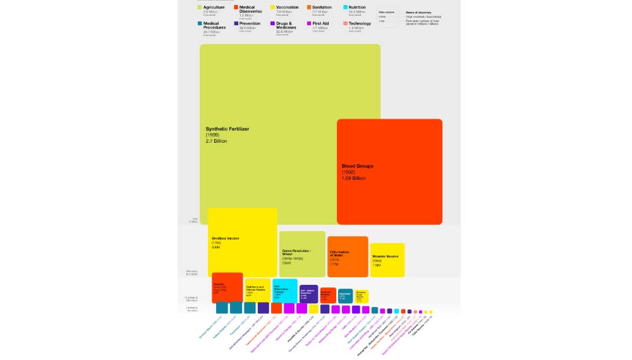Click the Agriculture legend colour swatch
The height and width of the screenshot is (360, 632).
200,8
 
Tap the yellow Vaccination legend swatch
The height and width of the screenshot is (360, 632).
272,8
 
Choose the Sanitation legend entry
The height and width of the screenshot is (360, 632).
322,8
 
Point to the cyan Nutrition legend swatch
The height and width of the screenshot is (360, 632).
345,8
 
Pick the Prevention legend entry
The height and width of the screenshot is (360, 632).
250,23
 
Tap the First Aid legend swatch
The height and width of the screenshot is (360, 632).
309,23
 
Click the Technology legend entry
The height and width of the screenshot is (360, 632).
360,23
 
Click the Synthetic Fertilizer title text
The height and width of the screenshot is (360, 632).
228,129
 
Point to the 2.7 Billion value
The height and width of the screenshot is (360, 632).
216,141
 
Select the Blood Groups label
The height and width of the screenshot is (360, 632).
357,166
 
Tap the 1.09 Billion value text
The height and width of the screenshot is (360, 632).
353,178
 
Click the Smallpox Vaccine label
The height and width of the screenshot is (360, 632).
225,239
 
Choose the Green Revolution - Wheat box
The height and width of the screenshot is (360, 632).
302,254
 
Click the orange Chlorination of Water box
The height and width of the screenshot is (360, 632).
348,256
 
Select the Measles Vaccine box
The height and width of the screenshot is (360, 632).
387,260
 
